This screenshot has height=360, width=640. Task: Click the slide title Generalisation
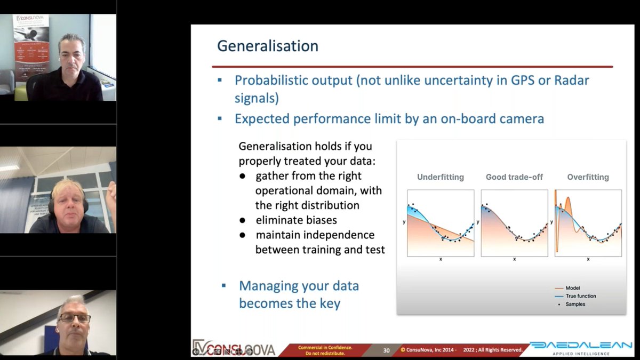click(267, 46)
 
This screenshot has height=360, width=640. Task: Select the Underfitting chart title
click(440, 177)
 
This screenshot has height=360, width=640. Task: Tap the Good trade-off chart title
click(514, 177)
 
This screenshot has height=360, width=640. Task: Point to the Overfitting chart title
click(588, 177)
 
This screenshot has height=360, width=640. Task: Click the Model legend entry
click(573, 288)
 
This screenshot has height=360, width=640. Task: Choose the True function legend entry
click(580, 296)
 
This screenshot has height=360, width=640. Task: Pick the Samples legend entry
click(575, 304)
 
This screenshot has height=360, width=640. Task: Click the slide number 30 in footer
click(386, 350)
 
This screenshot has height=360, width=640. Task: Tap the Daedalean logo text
click(580, 346)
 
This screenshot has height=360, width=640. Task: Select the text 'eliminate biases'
click(296, 220)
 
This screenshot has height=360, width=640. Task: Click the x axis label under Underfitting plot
click(441, 259)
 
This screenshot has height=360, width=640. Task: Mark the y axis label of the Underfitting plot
click(403, 220)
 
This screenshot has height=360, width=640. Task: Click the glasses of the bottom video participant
click(74, 318)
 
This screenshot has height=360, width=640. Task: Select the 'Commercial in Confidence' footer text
click(325, 347)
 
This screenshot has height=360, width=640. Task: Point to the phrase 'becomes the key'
click(290, 303)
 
